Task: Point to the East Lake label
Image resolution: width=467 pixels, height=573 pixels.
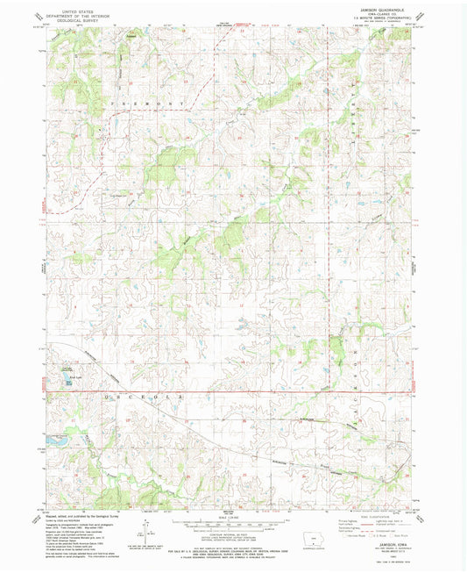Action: pos(66,372)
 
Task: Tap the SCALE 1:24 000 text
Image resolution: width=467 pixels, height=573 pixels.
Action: pos(231,513)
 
